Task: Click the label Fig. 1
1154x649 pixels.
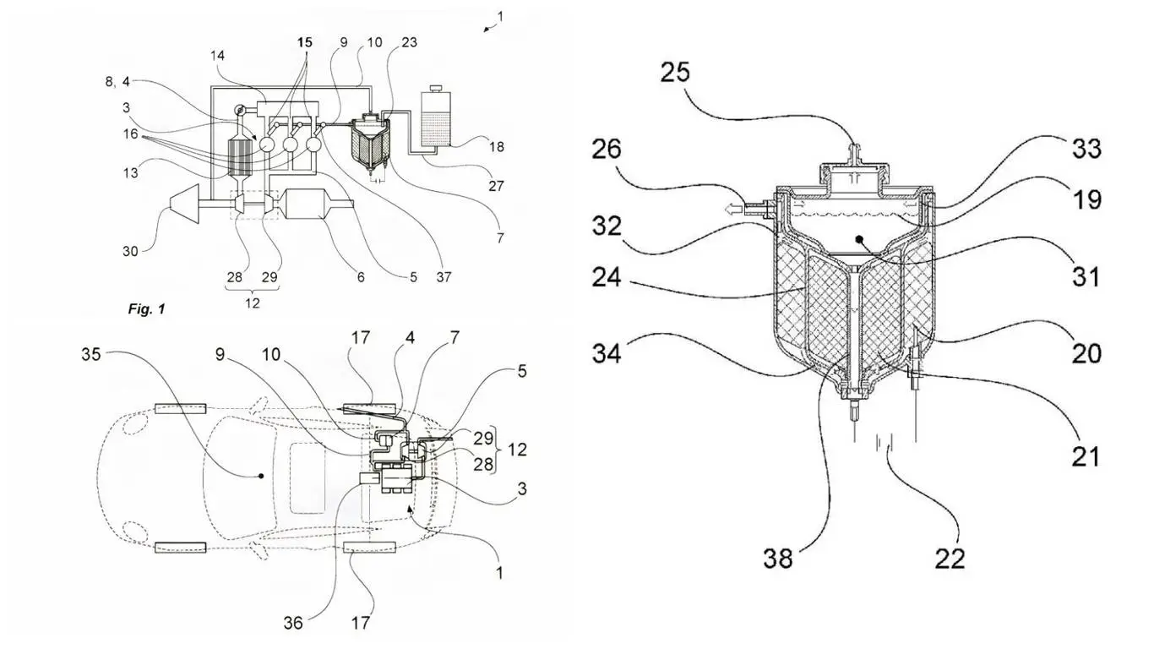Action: click(x=146, y=309)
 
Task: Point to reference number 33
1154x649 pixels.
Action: click(x=1086, y=149)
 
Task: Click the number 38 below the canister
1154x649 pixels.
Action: click(x=778, y=557)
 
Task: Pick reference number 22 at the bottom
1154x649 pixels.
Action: click(x=950, y=557)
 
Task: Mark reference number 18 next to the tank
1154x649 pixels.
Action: click(x=496, y=147)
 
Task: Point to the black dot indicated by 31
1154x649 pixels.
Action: click(x=858, y=240)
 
